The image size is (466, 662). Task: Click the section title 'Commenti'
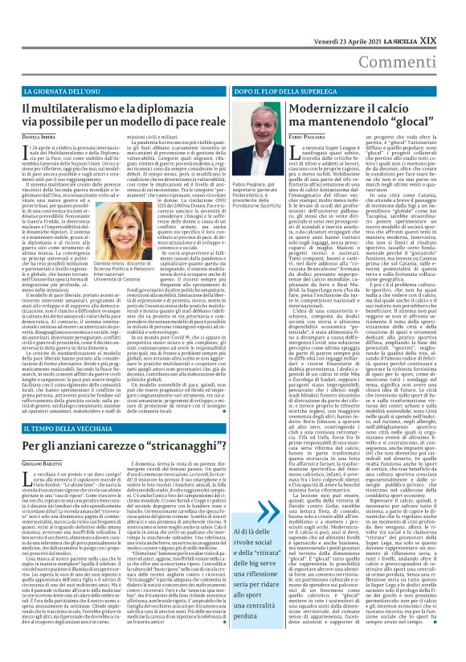(423, 40)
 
